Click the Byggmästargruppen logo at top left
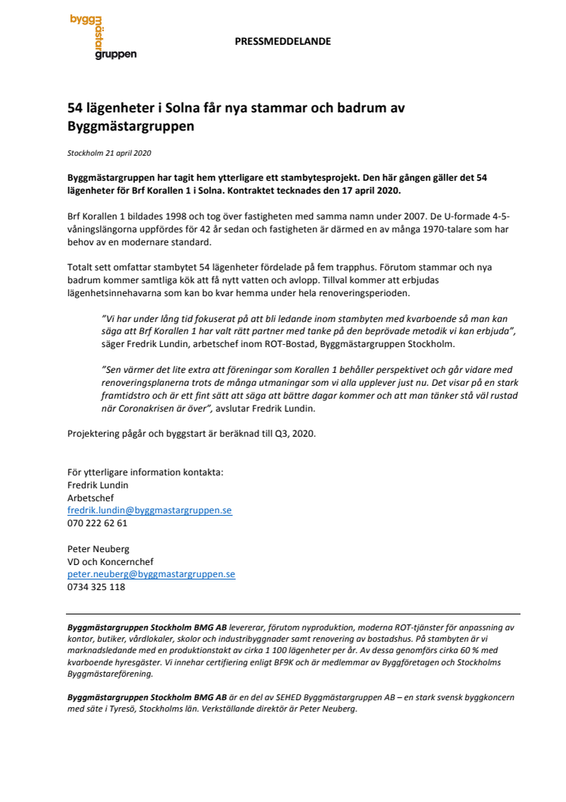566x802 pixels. pos(102,38)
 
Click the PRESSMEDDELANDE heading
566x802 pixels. pos(283,42)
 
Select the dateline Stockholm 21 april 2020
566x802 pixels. pos(109,153)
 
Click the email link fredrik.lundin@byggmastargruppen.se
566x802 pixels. pos(149,510)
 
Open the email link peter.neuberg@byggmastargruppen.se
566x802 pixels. pos(151,574)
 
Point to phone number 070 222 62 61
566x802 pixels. pos(98,523)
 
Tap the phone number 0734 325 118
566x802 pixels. pos(96,587)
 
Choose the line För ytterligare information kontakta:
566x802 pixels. pos(146,472)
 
